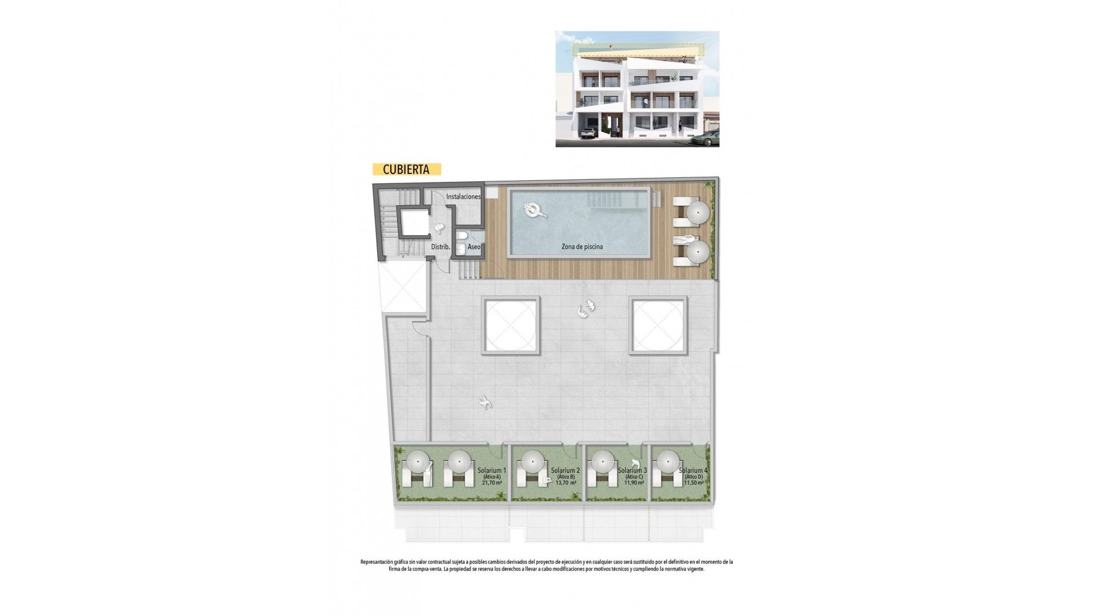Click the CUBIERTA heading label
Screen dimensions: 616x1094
[406, 169]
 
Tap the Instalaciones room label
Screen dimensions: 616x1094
[463, 197]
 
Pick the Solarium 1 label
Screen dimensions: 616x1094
[492, 471]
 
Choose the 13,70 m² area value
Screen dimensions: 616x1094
[566, 483]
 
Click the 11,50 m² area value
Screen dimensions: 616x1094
[694, 483]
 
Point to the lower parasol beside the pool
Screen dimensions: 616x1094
[698, 251]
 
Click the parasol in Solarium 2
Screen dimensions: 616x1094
[533, 461]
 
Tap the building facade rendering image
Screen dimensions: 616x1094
[637, 89]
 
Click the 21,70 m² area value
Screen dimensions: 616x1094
[492, 483]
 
